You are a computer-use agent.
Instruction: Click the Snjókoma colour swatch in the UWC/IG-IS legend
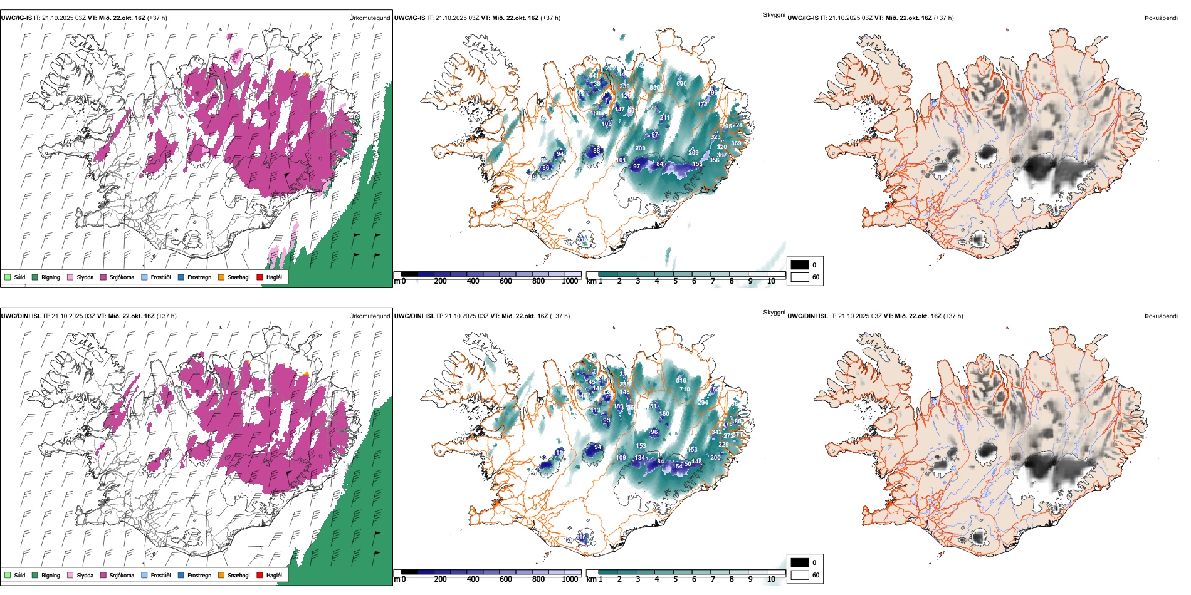103,277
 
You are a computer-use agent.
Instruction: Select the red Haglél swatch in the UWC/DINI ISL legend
260,575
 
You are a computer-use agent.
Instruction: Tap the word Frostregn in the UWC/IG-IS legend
199,277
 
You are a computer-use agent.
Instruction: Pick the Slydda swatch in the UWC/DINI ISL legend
70,575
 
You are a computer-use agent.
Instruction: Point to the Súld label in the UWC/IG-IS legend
19,277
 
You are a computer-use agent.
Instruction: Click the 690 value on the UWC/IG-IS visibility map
681,83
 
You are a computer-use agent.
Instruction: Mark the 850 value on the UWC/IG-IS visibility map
654,88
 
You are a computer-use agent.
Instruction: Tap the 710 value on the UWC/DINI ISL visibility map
685,390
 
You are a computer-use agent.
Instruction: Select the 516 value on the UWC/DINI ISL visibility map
681,381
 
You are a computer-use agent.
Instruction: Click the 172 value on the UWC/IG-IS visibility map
702,105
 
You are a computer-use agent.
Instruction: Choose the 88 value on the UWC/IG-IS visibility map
596,150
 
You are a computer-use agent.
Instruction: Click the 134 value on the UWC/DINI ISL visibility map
639,458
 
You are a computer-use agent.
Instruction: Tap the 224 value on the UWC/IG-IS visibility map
737,125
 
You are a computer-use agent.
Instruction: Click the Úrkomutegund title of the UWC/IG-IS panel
369,18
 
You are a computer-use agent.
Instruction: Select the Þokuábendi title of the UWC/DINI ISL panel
1161,316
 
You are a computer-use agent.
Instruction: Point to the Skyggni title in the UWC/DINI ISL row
774,313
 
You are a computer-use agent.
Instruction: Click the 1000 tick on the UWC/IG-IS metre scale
570,281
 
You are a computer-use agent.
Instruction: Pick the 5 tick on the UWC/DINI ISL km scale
675,579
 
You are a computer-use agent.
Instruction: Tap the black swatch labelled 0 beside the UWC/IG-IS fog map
800,265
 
